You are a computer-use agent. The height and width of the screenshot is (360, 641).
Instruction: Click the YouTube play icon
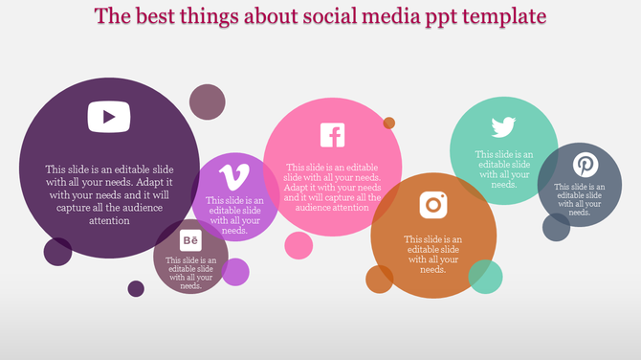click(109, 117)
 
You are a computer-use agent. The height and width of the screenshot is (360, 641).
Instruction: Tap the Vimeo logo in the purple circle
click(232, 177)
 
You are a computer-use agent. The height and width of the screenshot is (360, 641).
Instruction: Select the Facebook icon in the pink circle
click(332, 135)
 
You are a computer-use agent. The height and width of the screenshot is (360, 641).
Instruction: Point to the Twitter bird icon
click(504, 127)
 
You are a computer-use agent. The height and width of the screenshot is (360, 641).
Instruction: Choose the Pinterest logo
click(585, 165)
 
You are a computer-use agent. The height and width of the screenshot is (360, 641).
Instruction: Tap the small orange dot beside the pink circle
click(389, 123)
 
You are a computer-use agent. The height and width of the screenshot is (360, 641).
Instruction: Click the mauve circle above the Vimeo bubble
click(207, 101)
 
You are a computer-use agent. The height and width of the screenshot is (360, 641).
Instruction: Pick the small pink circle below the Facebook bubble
click(298, 245)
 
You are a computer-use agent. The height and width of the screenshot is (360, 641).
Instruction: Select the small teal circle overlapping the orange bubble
click(485, 276)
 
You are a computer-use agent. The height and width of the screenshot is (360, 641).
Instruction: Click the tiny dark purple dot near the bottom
click(136, 288)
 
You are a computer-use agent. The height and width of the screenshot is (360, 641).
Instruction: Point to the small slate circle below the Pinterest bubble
click(556, 227)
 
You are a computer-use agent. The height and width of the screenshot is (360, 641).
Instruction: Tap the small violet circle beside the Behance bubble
click(235, 272)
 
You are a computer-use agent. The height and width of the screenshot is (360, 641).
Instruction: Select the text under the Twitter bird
click(504, 169)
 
